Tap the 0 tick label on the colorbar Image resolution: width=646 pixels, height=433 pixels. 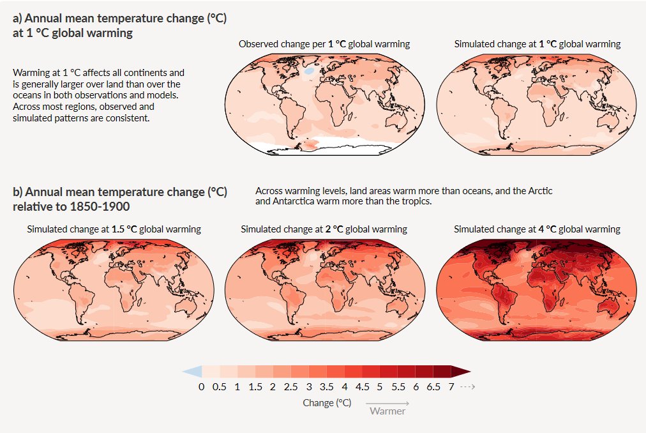point(201,388)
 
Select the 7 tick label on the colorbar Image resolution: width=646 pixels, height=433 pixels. point(451,388)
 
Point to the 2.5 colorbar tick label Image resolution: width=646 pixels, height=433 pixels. point(290,388)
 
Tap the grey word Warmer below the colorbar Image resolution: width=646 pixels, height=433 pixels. point(387,411)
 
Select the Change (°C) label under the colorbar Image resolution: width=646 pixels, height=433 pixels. point(327,403)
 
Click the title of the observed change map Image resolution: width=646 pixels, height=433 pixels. point(324,44)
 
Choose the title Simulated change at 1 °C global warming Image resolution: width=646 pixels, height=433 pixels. point(537,44)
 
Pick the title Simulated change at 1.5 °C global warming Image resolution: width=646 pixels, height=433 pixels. point(114,229)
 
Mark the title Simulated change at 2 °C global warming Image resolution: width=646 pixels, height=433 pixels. point(324,229)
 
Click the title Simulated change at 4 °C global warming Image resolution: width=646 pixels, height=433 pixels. point(537,229)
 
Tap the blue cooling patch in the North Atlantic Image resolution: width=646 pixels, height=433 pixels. point(309,73)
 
